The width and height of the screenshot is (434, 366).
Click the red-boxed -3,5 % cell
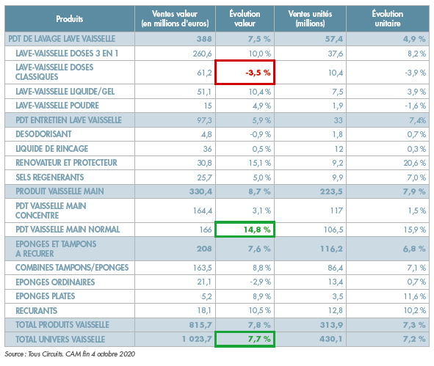(245, 72)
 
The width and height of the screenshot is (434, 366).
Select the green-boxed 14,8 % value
(245, 229)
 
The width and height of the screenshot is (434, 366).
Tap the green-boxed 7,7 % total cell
(245, 339)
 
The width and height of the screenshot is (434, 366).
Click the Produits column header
(70, 19)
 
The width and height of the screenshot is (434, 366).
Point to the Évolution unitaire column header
(388, 18)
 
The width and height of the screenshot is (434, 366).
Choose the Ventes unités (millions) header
(310, 18)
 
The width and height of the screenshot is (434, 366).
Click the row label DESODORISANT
(43, 134)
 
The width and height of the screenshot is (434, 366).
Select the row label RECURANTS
(36, 311)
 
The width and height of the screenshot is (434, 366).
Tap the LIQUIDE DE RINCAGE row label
(51, 149)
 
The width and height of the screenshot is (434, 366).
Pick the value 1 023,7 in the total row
(197, 339)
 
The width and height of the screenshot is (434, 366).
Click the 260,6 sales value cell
(203, 54)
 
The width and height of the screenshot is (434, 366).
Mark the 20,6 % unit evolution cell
(414, 163)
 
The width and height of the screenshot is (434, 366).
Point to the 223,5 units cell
(331, 191)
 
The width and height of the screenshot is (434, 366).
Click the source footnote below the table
(70, 354)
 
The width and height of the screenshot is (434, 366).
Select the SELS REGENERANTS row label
(49, 177)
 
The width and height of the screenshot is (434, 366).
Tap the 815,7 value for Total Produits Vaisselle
(200, 325)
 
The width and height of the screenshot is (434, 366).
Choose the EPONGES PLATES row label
(45, 296)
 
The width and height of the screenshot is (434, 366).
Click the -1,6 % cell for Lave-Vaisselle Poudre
(415, 106)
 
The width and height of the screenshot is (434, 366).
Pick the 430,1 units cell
(331, 339)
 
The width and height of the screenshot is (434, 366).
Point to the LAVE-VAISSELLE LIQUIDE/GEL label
(65, 92)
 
